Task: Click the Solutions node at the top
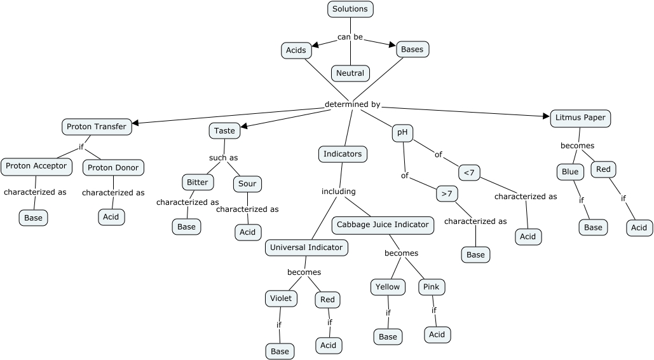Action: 350,9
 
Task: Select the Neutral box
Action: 350,73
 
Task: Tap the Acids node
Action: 296,50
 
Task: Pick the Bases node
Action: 412,49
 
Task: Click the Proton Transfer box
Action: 97,127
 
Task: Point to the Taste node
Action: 224,130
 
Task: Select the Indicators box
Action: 343,154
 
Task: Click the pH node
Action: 402,133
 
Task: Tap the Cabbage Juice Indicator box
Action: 383,225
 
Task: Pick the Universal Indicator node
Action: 306,247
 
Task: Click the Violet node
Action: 281,298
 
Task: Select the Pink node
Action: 432,287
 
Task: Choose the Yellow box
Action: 388,287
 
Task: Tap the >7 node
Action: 447,193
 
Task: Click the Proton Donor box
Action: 114,167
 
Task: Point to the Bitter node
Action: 197,182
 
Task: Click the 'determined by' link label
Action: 352,104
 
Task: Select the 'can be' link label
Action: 350,37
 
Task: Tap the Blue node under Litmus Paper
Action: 570,172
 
